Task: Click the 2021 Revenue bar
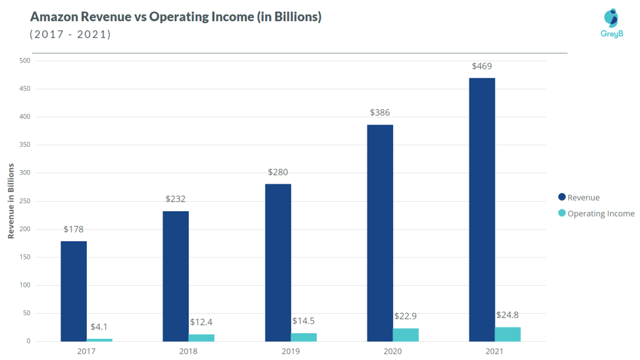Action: tap(482, 209)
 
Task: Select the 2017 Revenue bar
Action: tap(74, 291)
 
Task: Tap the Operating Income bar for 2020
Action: tap(406, 334)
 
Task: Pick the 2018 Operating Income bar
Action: tap(201, 337)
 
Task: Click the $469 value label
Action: tap(482, 66)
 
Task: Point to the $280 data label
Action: tap(278, 172)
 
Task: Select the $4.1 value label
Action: tap(100, 327)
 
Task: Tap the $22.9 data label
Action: tap(406, 317)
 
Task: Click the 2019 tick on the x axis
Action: tap(291, 351)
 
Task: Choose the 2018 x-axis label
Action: tap(189, 351)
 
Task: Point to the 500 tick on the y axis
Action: tap(24, 61)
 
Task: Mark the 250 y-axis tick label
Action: tap(24, 201)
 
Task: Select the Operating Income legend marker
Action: tap(561, 214)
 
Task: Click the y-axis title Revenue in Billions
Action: tap(11, 201)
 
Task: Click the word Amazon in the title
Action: tap(55, 17)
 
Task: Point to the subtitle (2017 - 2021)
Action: tap(70, 34)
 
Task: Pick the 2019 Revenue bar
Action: tap(278, 262)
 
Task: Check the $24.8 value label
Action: tap(508, 314)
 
